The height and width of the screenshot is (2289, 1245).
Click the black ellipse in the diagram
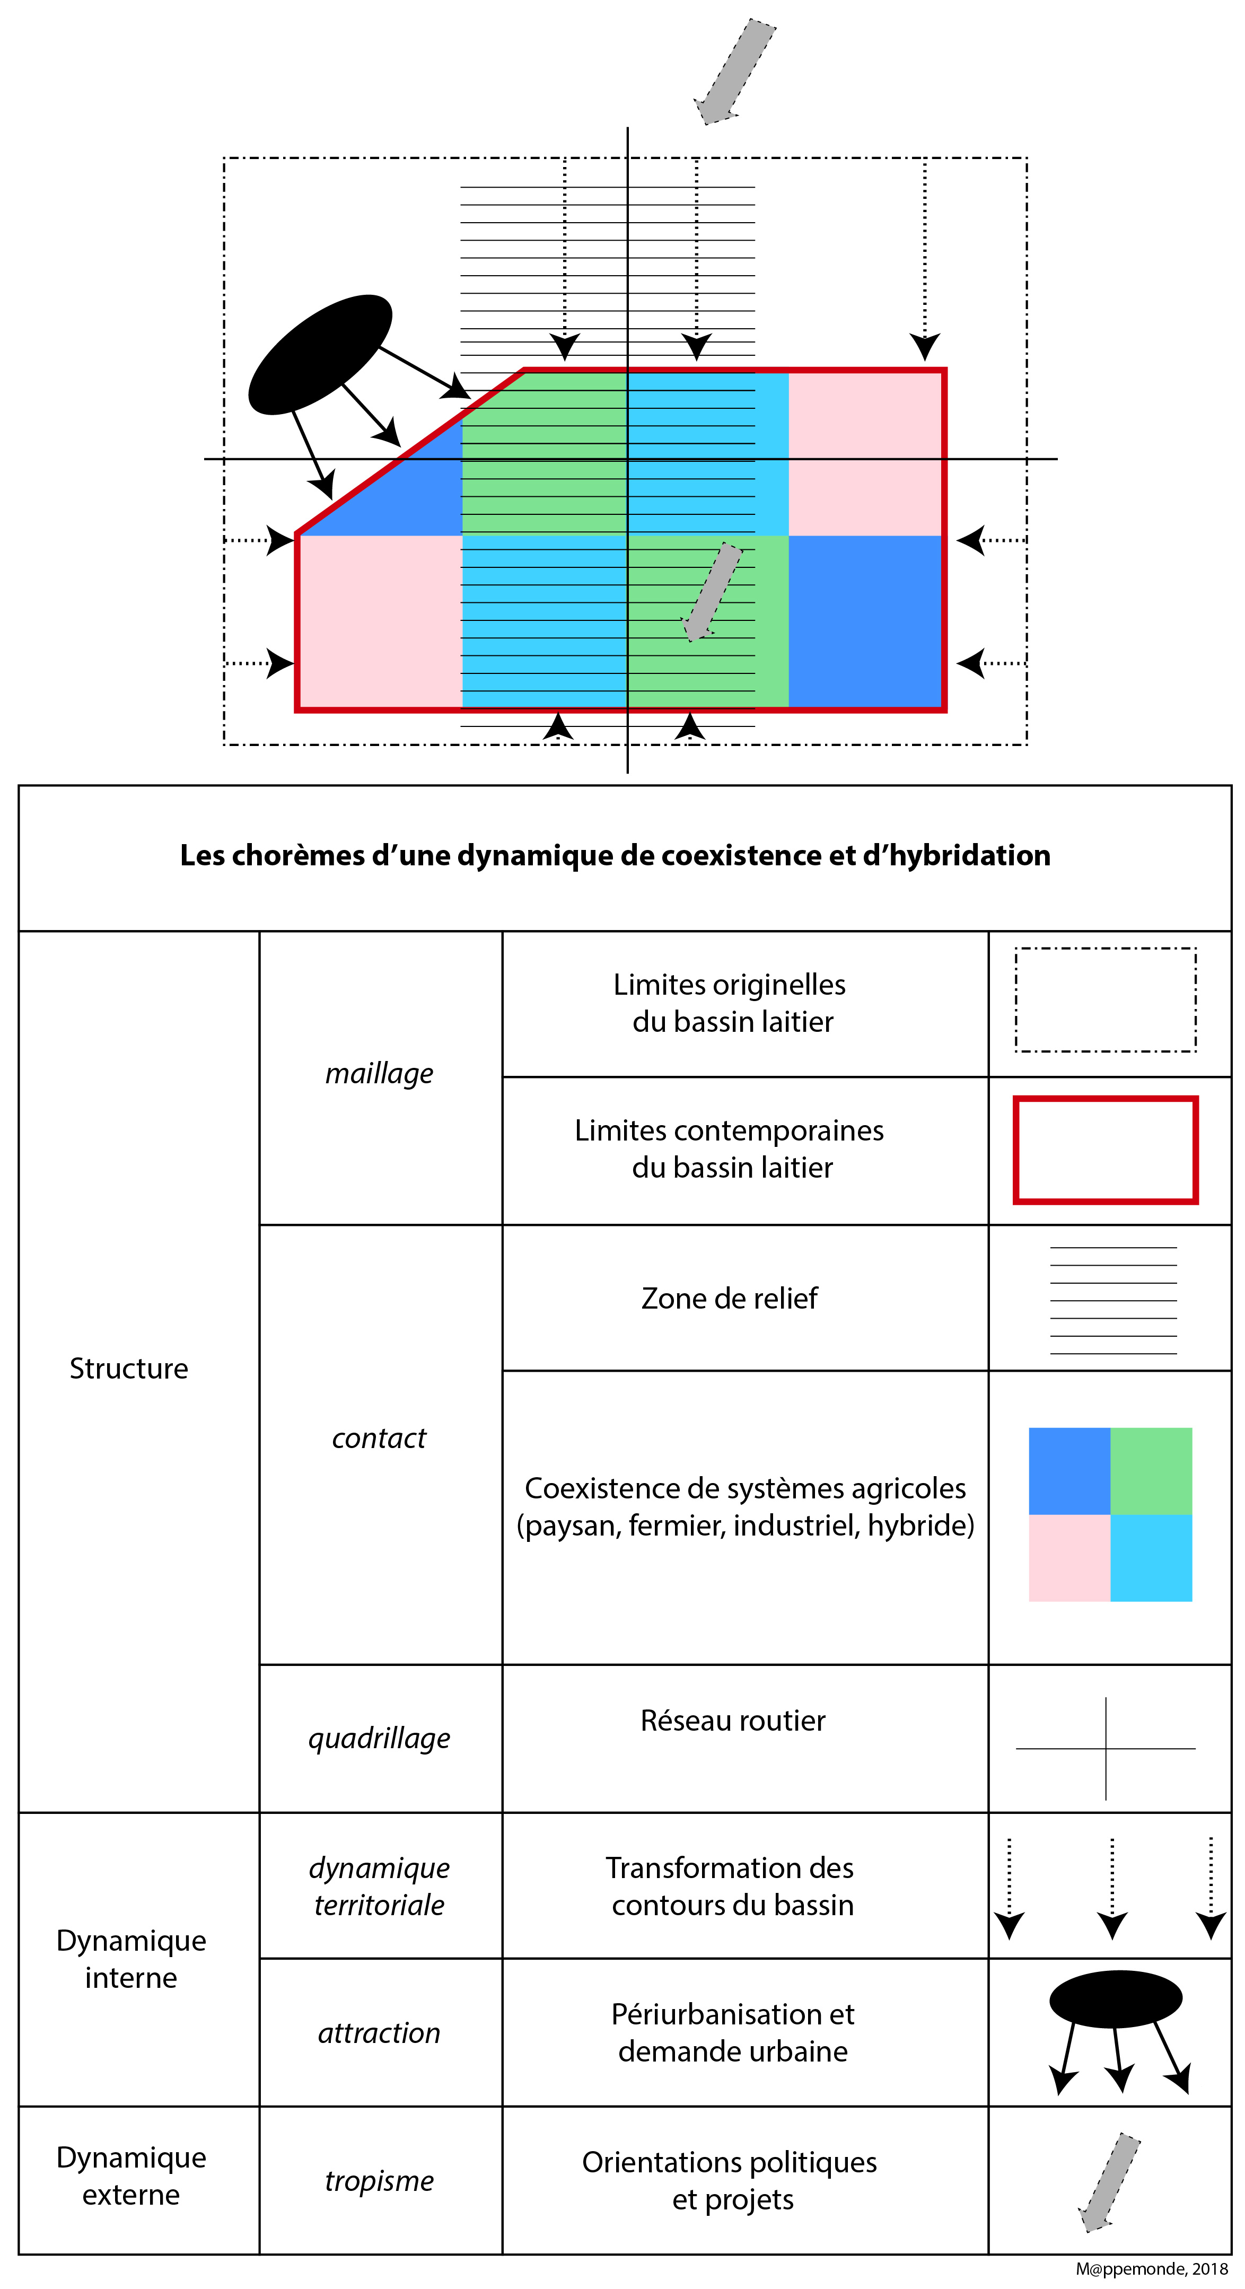(320, 354)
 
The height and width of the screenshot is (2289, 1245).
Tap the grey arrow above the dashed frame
(735, 71)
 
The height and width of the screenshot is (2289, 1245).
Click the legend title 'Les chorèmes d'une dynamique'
(615, 855)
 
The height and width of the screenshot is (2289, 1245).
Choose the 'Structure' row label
(129, 1369)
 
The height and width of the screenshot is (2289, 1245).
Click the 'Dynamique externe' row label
(130, 2175)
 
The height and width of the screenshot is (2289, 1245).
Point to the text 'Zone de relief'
(729, 1298)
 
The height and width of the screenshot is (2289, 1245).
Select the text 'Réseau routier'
(732, 1720)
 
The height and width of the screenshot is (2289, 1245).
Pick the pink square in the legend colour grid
(1069, 1558)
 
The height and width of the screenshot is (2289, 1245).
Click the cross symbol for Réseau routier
(1106, 1748)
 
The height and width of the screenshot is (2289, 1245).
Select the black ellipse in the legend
(1115, 1999)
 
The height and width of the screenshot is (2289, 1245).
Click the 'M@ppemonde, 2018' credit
(1151, 2268)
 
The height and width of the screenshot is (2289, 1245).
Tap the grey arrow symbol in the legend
(1109, 2181)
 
